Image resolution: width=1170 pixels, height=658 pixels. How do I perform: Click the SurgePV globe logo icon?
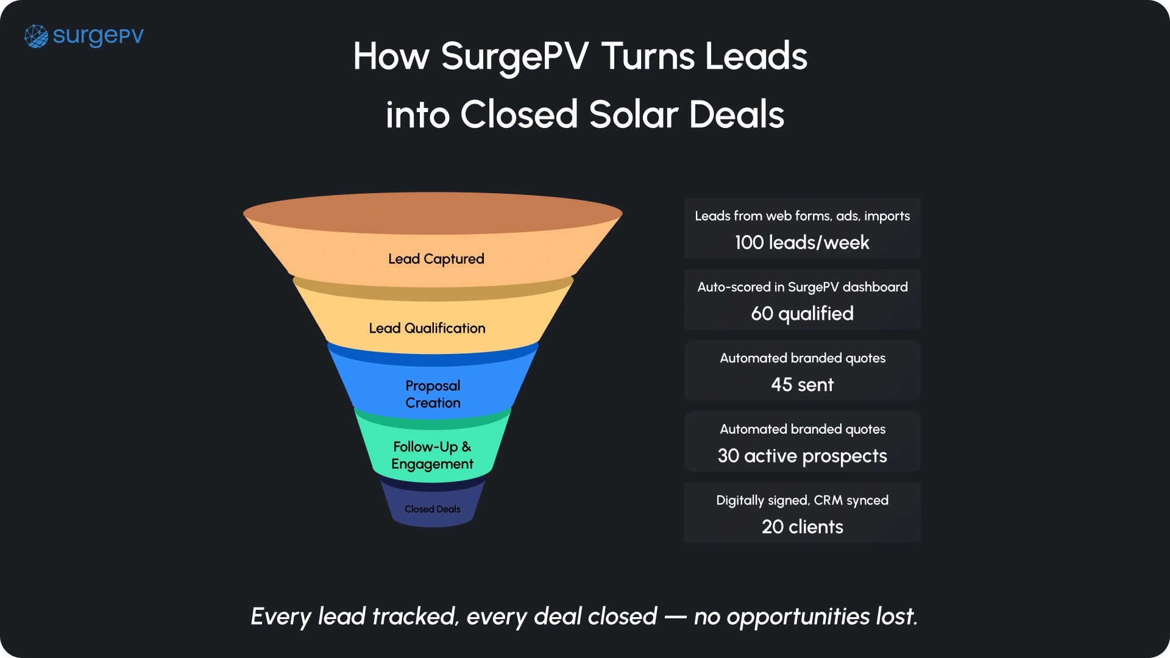click(36, 37)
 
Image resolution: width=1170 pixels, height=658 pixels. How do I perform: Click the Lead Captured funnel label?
click(436, 259)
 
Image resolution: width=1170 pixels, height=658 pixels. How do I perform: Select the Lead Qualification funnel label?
click(427, 328)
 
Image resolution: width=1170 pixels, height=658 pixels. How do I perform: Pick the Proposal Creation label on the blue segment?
click(433, 394)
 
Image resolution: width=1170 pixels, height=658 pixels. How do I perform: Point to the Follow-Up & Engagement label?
click(432, 455)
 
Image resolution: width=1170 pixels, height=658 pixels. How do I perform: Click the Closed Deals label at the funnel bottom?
click(433, 509)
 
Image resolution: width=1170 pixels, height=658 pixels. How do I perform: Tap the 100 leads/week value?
click(802, 242)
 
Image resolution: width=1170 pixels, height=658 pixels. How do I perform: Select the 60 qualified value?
click(802, 314)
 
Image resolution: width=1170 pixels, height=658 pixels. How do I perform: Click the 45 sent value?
click(802, 385)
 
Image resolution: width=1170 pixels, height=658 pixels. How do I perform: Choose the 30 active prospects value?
click(802, 456)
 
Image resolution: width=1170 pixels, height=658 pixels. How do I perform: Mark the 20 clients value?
click(802, 527)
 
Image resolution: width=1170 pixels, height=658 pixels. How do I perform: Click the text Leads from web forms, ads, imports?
click(802, 216)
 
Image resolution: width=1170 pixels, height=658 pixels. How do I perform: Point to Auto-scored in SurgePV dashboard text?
click(802, 287)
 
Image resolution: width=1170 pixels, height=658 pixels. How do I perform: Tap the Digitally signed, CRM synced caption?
click(802, 500)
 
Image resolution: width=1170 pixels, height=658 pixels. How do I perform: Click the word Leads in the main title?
click(756, 57)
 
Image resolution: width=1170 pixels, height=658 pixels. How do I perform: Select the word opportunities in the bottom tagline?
click(798, 617)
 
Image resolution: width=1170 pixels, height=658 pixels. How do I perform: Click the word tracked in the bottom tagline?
click(415, 617)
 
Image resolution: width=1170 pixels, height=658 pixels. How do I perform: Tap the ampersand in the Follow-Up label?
click(466, 447)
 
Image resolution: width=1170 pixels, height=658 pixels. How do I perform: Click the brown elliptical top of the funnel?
click(433, 213)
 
